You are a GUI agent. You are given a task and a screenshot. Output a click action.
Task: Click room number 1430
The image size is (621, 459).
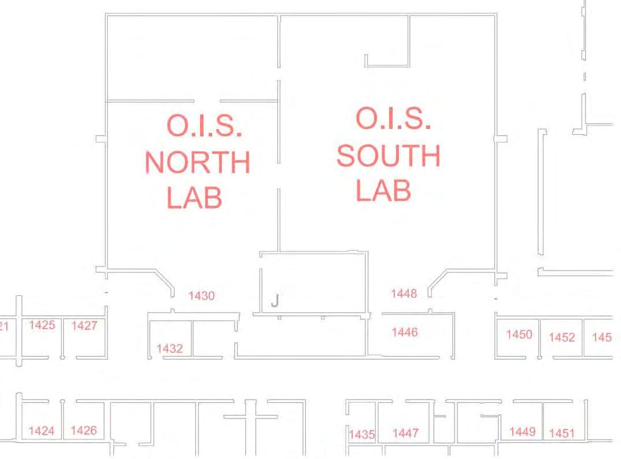(201, 296)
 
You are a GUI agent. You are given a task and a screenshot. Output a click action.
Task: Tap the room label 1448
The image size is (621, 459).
(404, 294)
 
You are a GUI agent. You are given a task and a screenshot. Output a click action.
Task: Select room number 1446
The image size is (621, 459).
(404, 332)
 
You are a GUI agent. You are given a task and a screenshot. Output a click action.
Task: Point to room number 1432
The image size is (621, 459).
(169, 349)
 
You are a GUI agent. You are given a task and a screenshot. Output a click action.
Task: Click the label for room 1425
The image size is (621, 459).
(42, 325)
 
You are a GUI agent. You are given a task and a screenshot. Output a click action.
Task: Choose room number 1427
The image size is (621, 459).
(84, 326)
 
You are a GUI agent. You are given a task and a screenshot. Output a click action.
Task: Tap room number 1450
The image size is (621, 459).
(519, 334)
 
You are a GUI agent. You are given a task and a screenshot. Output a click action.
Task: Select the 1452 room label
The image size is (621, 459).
(561, 338)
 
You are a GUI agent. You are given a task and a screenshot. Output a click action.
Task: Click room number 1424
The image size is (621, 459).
(42, 431)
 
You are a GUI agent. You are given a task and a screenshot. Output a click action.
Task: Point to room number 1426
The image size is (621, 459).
(84, 431)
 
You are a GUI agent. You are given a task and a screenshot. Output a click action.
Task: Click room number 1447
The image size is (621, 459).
(405, 433)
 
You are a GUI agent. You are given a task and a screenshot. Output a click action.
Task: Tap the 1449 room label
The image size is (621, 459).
(522, 431)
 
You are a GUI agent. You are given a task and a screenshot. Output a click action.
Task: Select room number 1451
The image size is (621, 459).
(561, 434)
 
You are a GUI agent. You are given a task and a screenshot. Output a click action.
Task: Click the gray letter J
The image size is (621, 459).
(275, 301)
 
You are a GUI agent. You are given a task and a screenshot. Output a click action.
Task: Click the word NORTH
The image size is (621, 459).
(197, 163)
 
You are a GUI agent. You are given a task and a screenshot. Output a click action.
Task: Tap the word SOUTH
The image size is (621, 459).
(389, 156)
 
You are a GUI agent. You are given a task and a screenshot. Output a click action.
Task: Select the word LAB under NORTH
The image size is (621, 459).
(194, 197)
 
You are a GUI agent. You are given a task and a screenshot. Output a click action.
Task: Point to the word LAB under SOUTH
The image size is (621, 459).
(383, 190)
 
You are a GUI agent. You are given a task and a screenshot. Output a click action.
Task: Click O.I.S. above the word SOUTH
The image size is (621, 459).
(393, 119)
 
